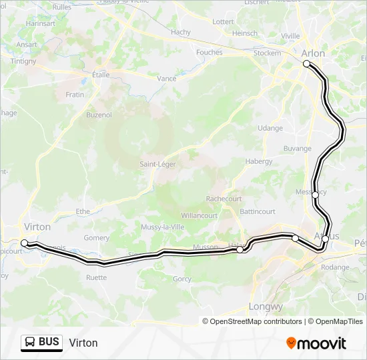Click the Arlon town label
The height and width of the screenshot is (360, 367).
(x=314, y=53)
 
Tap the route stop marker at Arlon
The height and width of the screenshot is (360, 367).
(x=307, y=64)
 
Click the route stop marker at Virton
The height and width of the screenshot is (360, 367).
(x=25, y=243)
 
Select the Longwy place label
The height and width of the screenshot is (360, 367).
(x=266, y=307)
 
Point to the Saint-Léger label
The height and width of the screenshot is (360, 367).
(x=157, y=164)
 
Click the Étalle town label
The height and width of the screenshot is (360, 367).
(x=101, y=75)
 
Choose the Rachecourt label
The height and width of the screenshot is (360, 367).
(x=224, y=199)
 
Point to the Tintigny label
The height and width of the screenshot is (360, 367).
(x=23, y=61)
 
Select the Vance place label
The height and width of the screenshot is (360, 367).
(x=166, y=79)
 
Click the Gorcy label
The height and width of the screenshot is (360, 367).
(x=182, y=279)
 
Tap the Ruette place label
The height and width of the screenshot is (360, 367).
(x=96, y=277)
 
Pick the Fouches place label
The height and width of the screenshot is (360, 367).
(x=210, y=52)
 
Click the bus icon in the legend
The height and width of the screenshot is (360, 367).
(x=31, y=343)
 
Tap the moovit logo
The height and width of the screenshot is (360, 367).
(x=316, y=343)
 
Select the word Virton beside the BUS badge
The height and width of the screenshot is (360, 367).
(x=83, y=343)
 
